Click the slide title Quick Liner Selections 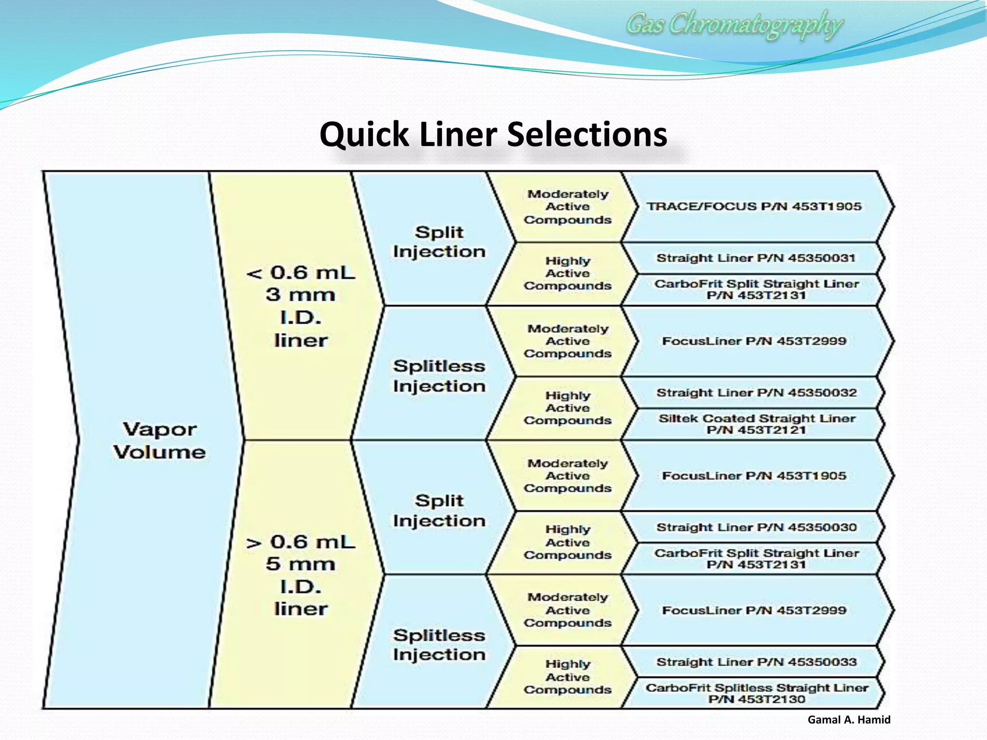493,134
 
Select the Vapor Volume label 159,440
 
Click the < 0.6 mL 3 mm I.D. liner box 300,306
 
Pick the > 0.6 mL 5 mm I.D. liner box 300,575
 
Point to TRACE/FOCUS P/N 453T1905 754,207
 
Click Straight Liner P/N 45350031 756,258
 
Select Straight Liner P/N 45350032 756,393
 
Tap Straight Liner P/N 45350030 756,528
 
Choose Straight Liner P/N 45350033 756,662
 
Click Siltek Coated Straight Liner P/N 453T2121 757,424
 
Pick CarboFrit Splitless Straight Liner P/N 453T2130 757,693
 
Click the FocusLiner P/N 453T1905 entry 754,476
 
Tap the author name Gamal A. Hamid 849,720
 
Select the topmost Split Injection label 439,242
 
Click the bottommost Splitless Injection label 439,645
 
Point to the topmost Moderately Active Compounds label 568,207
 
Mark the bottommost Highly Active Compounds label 568,677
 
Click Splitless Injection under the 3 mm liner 439,376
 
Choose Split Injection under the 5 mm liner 439,511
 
